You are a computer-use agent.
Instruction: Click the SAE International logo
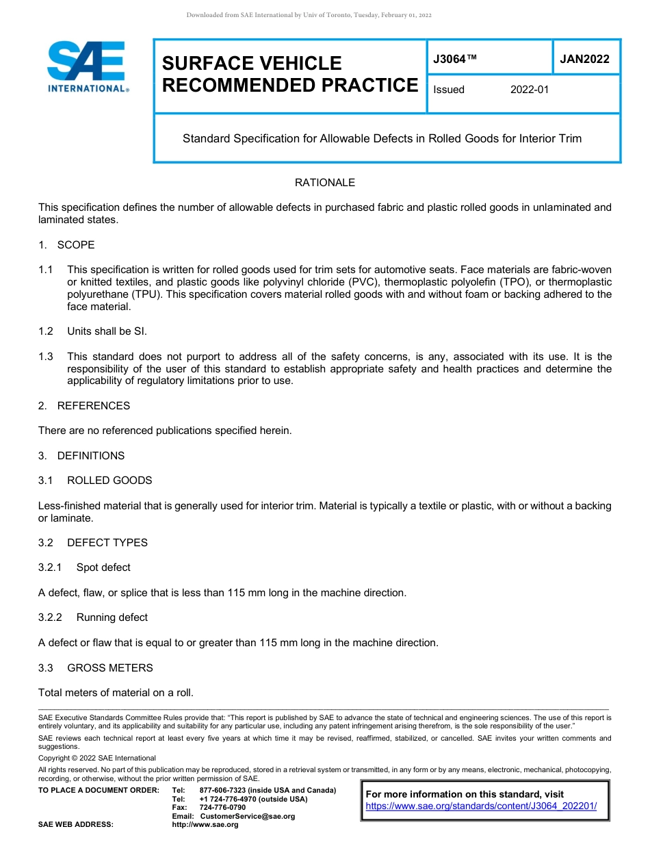point(88,66)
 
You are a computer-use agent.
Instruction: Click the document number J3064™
point(454,59)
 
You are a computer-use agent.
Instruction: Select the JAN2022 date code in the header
point(584,59)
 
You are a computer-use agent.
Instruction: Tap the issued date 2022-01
point(529,90)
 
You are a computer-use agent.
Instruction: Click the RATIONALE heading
point(324,183)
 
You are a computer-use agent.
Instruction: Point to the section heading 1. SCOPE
point(66,245)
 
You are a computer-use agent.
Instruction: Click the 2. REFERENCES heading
point(84,406)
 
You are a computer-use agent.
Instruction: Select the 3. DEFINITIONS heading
point(81,456)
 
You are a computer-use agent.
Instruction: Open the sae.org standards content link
point(481,806)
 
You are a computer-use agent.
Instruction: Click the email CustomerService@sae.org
point(247,816)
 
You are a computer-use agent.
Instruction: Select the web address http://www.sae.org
point(205,825)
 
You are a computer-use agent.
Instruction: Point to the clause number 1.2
point(46,331)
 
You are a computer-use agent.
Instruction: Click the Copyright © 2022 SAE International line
point(97,758)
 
